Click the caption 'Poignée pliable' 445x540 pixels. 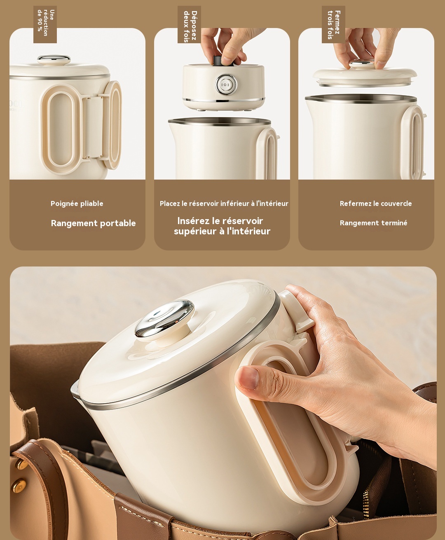[77, 203]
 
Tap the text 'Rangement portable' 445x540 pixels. [93, 223]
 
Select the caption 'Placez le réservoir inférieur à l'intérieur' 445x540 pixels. [224, 203]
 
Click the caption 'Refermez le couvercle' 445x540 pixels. [375, 203]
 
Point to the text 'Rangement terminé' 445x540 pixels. [373, 223]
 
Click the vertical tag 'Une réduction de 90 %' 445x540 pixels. [45, 24]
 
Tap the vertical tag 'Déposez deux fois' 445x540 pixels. [190, 25]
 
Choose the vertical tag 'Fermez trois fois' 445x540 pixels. [333, 24]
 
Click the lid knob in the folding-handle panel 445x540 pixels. [54, 60]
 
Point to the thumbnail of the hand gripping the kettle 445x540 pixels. [338, 371]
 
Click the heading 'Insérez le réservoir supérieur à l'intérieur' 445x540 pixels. [222, 226]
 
